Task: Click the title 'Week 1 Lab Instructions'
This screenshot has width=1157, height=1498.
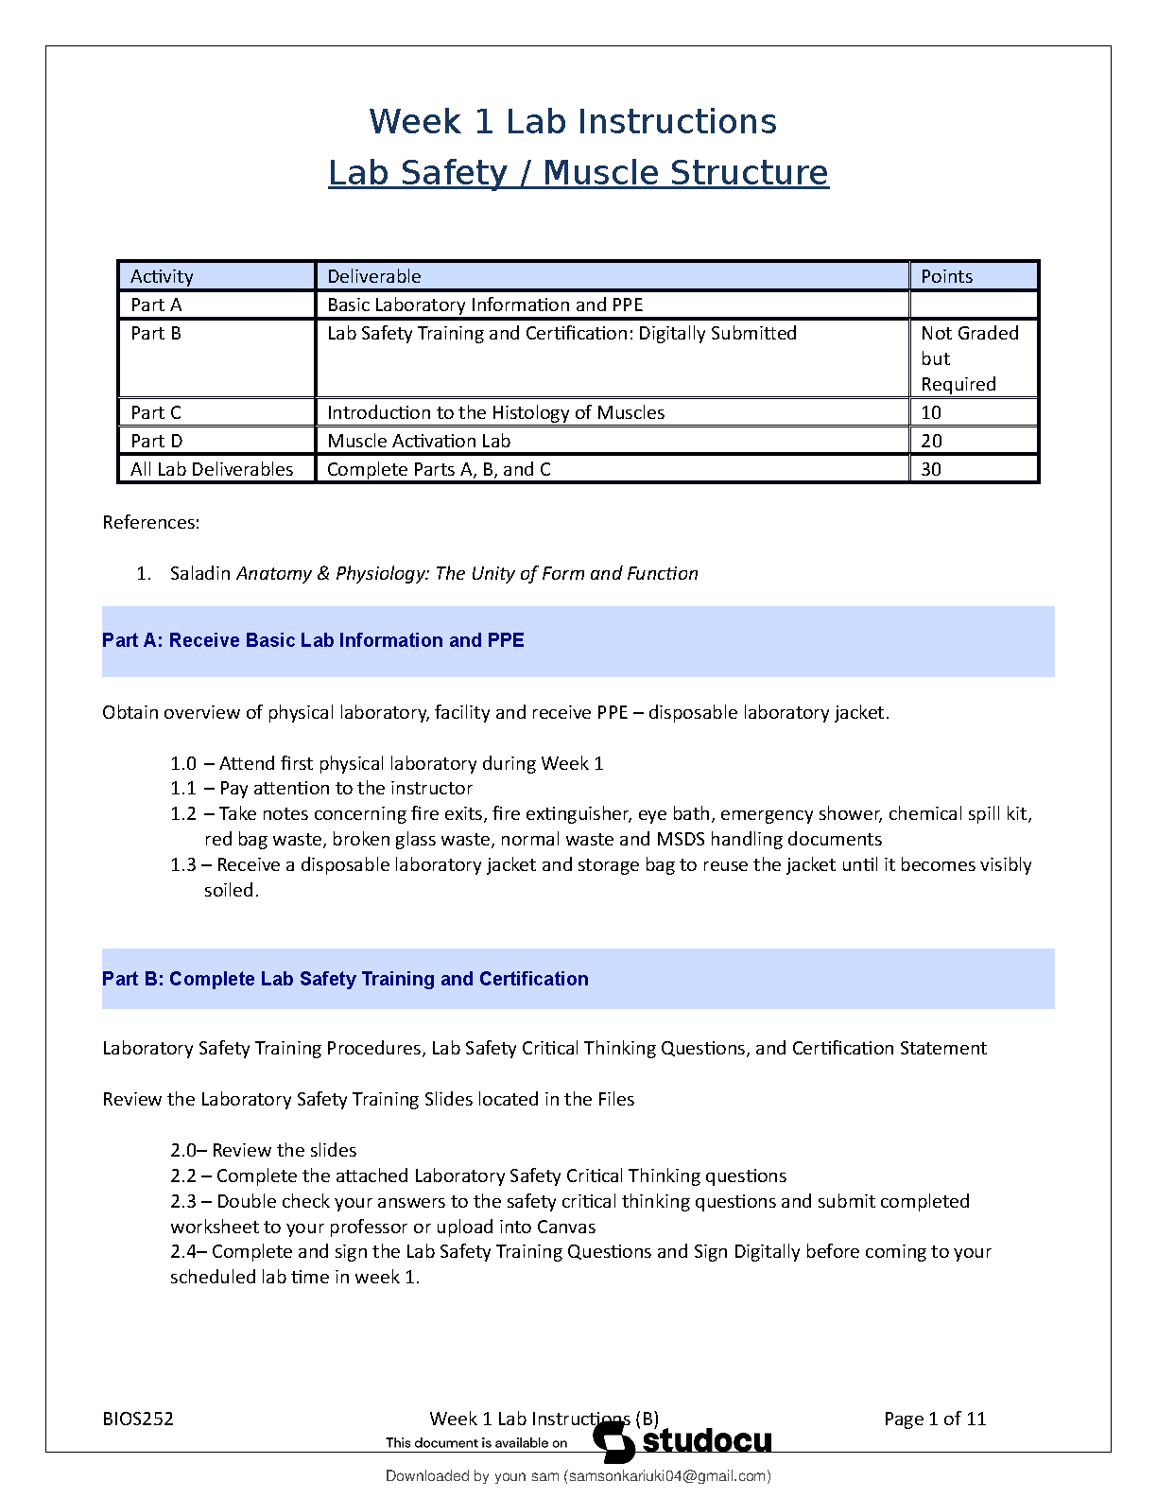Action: tap(573, 122)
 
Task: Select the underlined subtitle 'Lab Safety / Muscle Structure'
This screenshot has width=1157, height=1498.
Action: tap(578, 173)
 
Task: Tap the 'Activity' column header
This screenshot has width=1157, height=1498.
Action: tap(162, 276)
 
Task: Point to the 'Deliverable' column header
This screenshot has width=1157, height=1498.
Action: tap(374, 276)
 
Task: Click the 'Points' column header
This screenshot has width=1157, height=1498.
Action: tap(946, 276)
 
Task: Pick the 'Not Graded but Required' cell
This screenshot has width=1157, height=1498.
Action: tap(970, 358)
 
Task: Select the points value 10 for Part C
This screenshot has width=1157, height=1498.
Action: tap(931, 412)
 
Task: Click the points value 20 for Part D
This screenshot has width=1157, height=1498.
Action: tap(931, 441)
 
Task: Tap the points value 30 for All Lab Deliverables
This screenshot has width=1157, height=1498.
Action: tap(931, 469)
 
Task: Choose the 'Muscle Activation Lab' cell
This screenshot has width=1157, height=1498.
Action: tap(419, 441)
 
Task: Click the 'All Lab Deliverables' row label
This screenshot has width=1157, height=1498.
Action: tap(212, 469)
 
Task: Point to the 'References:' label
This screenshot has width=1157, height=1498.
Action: tap(151, 522)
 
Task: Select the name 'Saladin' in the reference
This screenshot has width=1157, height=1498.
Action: tap(200, 573)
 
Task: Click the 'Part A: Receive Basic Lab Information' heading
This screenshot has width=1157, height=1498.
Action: tap(313, 640)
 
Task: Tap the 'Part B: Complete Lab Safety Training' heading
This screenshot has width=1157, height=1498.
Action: tap(345, 979)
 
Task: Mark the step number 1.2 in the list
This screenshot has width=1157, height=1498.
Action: tap(183, 813)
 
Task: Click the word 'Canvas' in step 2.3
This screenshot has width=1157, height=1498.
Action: tap(566, 1227)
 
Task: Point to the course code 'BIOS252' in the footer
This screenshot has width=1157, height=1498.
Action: tap(138, 1419)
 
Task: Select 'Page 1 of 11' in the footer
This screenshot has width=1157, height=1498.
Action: tap(935, 1419)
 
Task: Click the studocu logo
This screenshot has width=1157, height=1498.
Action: tap(682, 1440)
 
